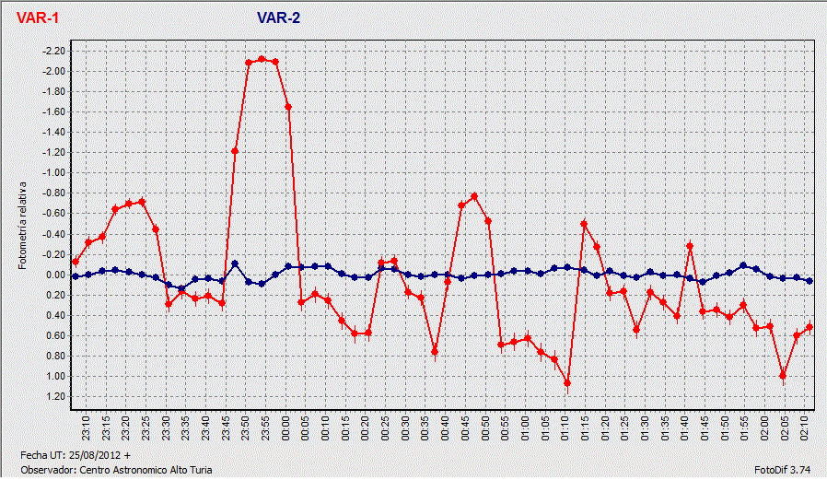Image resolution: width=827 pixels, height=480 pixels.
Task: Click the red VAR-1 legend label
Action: (38, 18)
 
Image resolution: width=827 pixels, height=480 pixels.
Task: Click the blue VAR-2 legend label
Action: (278, 18)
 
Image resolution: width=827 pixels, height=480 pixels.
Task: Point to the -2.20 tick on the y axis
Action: (54, 51)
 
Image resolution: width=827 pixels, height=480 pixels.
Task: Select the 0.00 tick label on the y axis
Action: (56, 275)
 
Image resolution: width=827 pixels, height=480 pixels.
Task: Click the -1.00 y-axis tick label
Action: (54, 173)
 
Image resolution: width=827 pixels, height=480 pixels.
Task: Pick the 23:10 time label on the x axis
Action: (87, 425)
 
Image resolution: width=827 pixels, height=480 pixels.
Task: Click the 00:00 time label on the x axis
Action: (286, 425)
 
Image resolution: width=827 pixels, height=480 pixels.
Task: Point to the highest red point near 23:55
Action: (262, 59)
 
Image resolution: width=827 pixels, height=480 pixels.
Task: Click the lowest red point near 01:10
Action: (567, 383)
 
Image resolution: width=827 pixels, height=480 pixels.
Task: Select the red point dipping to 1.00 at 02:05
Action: (783, 375)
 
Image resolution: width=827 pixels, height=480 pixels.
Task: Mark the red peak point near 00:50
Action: (474, 196)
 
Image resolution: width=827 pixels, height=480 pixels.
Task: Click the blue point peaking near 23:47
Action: (235, 264)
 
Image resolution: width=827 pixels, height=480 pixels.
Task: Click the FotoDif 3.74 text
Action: (780, 470)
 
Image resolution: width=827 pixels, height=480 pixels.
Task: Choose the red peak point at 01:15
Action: (584, 223)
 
